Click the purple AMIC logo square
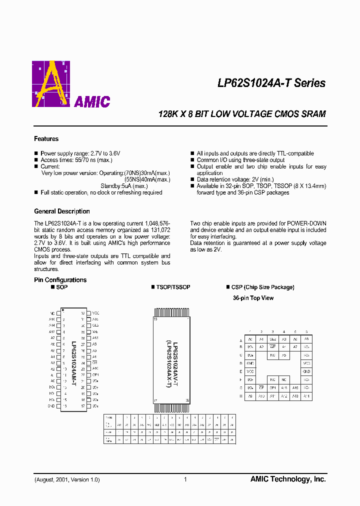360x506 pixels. [x=50, y=83]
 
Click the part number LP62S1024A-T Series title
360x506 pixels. [x=271, y=83]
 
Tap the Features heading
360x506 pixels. [x=46, y=139]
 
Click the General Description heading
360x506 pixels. [x=62, y=211]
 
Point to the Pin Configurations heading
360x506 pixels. [x=60, y=280]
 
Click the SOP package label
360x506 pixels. [x=61, y=287]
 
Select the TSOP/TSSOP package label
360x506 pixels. [x=173, y=287]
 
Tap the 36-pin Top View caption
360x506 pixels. [x=253, y=298]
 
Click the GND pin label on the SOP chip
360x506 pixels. [x=51, y=406]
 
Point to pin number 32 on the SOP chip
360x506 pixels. [x=83, y=313]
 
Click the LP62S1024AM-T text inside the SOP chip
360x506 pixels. [x=73, y=359]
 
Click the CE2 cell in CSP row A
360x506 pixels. [x=272, y=339]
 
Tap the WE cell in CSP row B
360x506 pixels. [x=272, y=346]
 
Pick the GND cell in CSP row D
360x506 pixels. [x=250, y=363]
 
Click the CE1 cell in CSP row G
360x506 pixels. [x=272, y=387]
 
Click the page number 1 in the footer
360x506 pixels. [x=185, y=479]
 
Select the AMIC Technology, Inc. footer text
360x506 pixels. [x=288, y=479]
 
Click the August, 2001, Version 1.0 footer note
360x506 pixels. [x=67, y=479]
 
